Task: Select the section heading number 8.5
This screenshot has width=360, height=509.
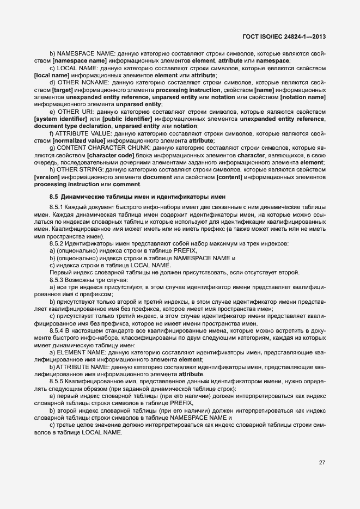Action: point(54,196)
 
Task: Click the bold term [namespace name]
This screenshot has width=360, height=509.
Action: point(76,62)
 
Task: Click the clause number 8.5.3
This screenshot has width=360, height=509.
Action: point(58,280)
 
